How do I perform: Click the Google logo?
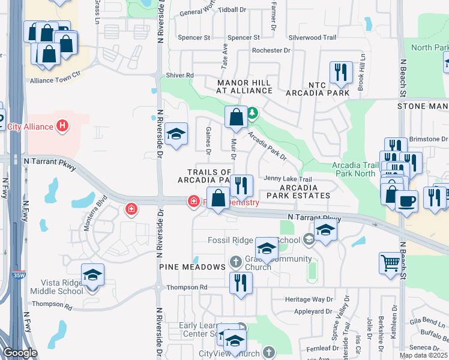tap(20, 353)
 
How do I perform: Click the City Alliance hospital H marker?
tap(61, 126)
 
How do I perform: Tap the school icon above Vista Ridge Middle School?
tap(92, 275)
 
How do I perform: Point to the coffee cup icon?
tap(407, 200)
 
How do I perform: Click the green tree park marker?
tap(253, 112)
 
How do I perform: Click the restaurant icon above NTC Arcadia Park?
tap(340, 73)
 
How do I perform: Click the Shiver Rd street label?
tap(180, 75)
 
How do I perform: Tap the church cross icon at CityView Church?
tap(268, 352)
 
